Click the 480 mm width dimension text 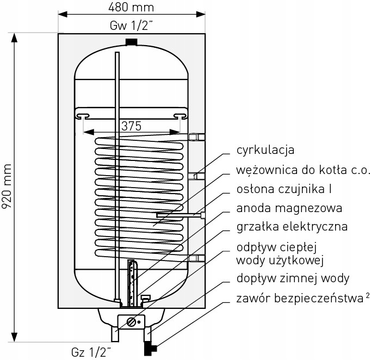pos(131,7)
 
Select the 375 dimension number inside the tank pos(131,126)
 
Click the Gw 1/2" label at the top pos(131,25)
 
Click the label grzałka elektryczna pos(292,226)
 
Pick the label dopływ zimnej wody pos(293,279)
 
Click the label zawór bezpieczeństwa pos(299,298)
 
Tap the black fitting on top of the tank pos(131,41)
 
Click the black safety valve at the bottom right pos(153,346)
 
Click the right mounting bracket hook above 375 pos(179,115)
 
